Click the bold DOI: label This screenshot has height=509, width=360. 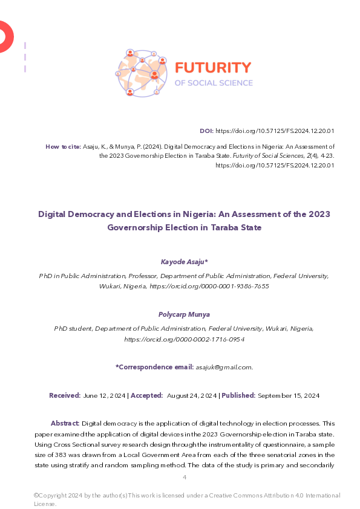click(x=206, y=131)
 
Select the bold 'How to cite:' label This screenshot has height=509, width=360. click(x=62, y=146)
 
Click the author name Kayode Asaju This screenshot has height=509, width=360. click(x=184, y=262)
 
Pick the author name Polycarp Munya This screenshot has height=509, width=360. click(x=184, y=314)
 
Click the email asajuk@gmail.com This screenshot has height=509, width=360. click(x=223, y=367)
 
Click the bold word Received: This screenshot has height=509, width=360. click(x=65, y=395)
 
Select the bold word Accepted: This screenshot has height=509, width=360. click(x=146, y=395)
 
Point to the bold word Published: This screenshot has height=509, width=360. click(x=238, y=395)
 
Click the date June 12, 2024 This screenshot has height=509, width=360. click(x=105, y=395)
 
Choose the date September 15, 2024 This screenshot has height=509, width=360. click(x=289, y=395)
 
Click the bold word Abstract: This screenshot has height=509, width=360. click(x=65, y=423)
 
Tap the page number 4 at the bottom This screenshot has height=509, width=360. click(x=185, y=478)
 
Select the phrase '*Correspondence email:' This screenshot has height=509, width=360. click(x=154, y=367)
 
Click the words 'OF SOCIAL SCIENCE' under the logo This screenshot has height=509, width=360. click(x=214, y=83)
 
